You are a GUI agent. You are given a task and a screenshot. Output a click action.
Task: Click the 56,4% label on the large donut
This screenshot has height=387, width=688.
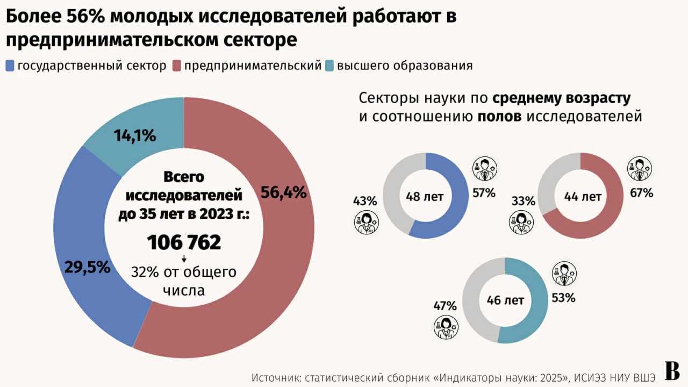(x=283, y=192)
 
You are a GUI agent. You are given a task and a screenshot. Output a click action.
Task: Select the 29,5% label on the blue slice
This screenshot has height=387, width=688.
(x=87, y=267)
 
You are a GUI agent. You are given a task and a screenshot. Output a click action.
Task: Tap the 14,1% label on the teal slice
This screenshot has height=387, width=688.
(x=135, y=135)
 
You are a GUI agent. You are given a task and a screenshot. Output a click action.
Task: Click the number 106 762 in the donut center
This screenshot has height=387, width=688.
(x=184, y=242)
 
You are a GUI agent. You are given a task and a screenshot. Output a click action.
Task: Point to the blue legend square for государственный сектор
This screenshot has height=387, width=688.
(x=10, y=66)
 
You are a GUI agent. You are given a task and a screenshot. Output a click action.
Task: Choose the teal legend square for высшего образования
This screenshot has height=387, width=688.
(x=329, y=66)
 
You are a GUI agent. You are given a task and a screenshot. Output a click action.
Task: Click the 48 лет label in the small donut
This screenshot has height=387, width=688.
(x=425, y=197)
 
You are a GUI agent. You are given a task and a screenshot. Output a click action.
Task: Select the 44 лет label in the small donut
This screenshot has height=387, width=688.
(x=583, y=197)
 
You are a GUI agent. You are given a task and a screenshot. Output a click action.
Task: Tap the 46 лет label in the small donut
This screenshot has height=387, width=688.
(x=505, y=300)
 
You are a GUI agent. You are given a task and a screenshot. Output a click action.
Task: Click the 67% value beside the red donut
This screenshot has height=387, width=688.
(x=642, y=193)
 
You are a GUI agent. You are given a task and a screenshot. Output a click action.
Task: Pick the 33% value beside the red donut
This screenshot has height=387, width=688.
(x=524, y=202)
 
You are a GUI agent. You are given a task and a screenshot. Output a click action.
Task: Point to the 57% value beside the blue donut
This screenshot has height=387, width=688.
(x=484, y=193)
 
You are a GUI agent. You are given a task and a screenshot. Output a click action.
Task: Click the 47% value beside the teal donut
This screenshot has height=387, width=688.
(x=445, y=306)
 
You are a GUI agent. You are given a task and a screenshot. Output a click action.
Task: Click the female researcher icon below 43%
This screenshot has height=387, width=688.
(x=365, y=223)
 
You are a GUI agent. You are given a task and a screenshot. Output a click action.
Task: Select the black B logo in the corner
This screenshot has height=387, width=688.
(x=672, y=370)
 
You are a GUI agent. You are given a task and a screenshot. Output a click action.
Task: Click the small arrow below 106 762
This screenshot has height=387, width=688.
(x=184, y=260)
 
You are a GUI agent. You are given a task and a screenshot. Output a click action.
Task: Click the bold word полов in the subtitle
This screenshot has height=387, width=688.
(x=499, y=117)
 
